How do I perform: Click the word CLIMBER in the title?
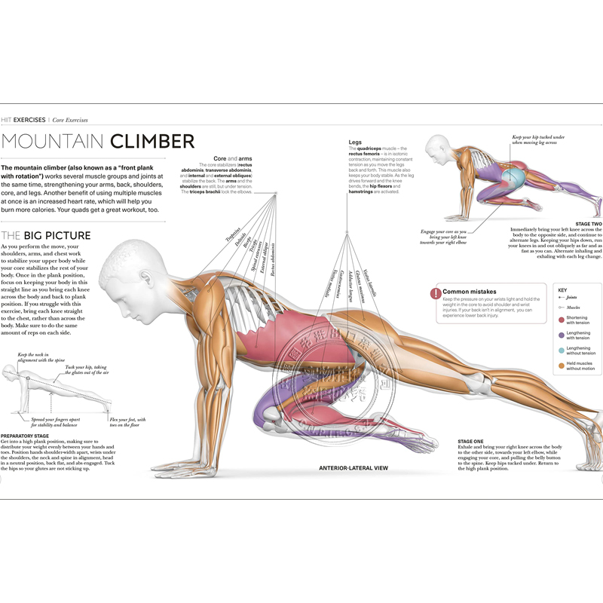pos(153,141)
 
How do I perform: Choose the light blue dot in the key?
pos(561,350)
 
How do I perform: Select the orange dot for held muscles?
pos(561,366)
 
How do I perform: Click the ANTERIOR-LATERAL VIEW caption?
pos(354,468)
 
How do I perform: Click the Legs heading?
pos(355,142)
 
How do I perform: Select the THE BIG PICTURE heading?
pos(46,235)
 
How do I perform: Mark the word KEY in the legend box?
pos(562,289)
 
